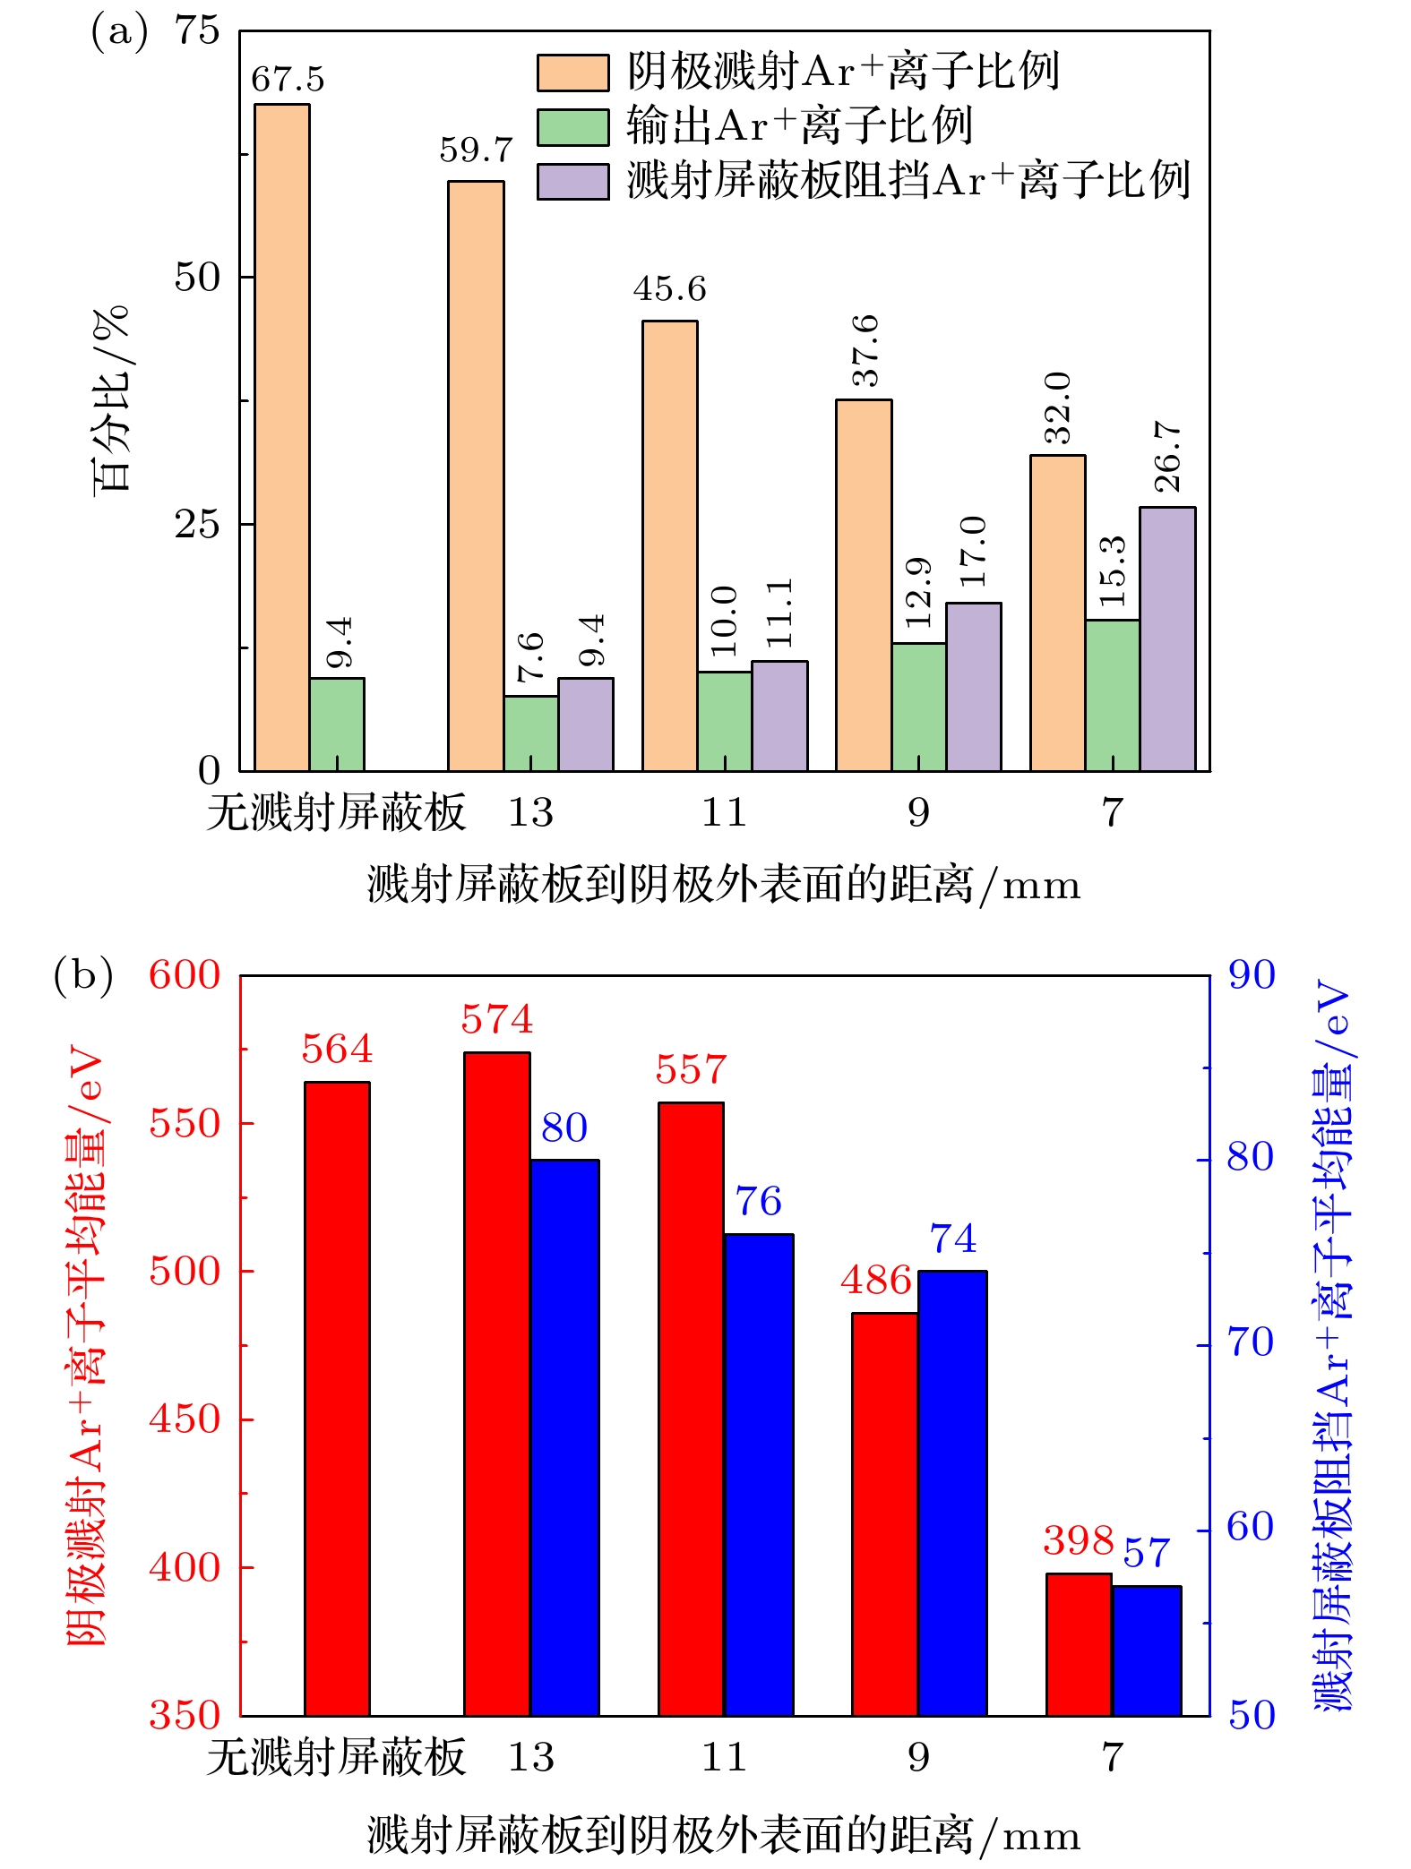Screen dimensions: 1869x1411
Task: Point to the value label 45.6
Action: (669, 289)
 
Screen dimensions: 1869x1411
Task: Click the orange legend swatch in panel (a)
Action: (572, 73)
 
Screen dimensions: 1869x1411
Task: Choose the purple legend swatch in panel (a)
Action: (572, 181)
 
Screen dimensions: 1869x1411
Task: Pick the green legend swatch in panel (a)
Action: (572, 127)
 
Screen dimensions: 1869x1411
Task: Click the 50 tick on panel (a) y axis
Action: (197, 278)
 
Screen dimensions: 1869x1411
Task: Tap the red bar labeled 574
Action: (496, 1384)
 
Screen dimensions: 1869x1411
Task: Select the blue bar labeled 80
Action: (564, 1437)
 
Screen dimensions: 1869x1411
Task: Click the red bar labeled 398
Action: (1079, 1644)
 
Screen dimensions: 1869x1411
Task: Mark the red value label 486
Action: (875, 1281)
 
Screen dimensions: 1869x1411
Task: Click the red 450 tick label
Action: (185, 1419)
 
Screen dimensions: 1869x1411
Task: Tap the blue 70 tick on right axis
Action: (1251, 1342)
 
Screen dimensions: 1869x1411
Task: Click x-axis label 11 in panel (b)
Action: (724, 1757)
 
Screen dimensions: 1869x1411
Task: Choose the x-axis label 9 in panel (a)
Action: (918, 812)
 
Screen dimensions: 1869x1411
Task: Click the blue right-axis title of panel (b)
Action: (1332, 1343)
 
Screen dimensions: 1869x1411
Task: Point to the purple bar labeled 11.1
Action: (779, 716)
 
